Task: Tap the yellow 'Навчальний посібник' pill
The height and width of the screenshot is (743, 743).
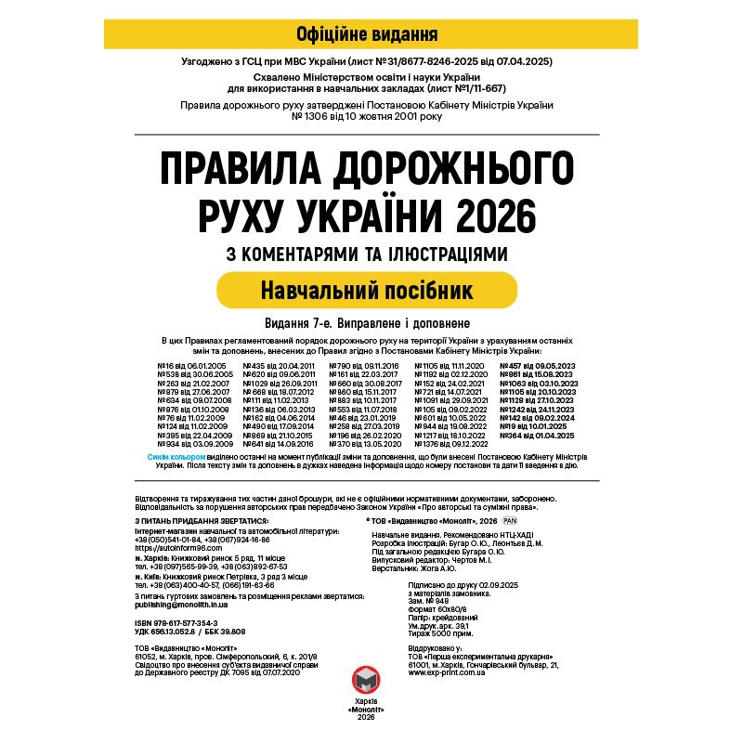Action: (366, 290)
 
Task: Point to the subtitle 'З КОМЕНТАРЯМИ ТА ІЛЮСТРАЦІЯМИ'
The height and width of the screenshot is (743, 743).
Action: (366, 254)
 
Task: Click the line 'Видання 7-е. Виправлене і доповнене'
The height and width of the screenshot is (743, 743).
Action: (366, 323)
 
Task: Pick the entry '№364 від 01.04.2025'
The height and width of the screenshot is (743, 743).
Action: (540, 435)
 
